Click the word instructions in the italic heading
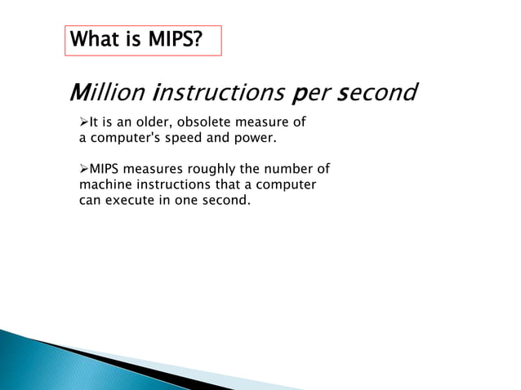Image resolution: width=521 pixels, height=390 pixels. coord(216,94)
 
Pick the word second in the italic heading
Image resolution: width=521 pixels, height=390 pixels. coord(378,94)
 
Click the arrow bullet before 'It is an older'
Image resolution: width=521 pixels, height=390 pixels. coord(83,123)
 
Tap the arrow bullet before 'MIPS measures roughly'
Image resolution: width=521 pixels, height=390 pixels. coord(83,170)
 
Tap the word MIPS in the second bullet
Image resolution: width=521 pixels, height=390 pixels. coord(105,170)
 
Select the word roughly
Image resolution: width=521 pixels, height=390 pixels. coord(211,170)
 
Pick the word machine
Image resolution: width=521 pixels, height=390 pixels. coord(105,185)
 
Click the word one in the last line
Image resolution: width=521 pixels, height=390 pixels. coord(188,200)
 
